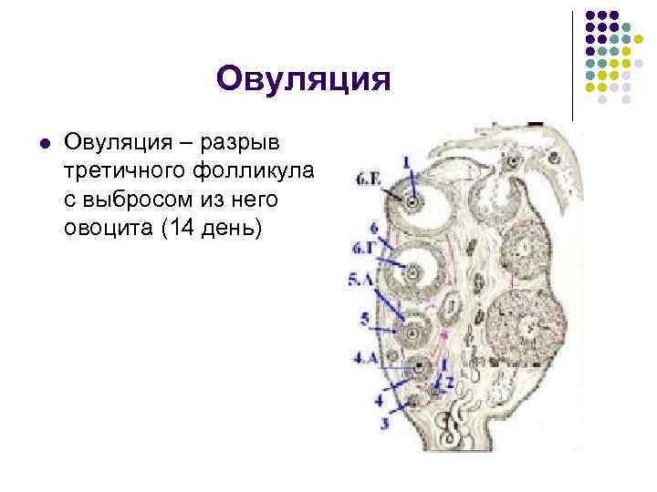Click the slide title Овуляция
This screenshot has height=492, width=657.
tap(303, 79)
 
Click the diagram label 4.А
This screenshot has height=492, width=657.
tap(364, 358)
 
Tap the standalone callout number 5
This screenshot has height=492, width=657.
tap(364, 319)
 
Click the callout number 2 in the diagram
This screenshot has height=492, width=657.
tap(451, 384)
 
